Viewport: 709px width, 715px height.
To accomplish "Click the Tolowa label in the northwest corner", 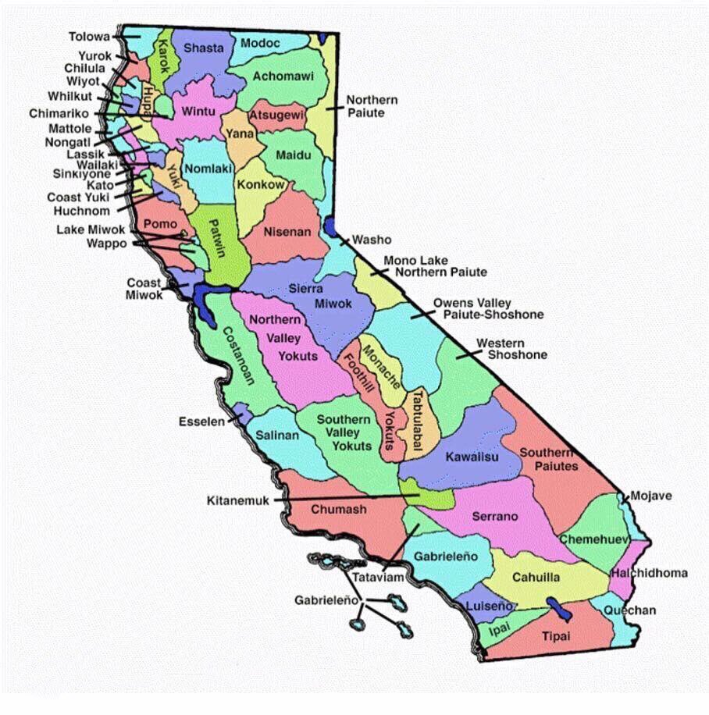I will point(89,37).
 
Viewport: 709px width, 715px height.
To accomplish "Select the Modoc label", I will point(260,43).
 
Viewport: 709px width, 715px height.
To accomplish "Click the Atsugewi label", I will point(276,116).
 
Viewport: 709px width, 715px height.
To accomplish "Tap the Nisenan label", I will point(287,232).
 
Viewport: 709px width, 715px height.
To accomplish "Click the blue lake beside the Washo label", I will point(330,227).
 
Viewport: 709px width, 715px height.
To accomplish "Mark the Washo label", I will point(372,240).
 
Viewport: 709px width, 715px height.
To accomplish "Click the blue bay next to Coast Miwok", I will point(206,303).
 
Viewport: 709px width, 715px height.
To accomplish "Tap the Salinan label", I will point(279,436).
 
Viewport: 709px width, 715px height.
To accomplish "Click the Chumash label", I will point(339,510).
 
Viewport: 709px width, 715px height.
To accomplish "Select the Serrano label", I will point(495,517).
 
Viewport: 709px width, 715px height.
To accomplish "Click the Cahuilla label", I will point(536,578).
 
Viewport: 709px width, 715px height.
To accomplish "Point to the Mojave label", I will point(650,496).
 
